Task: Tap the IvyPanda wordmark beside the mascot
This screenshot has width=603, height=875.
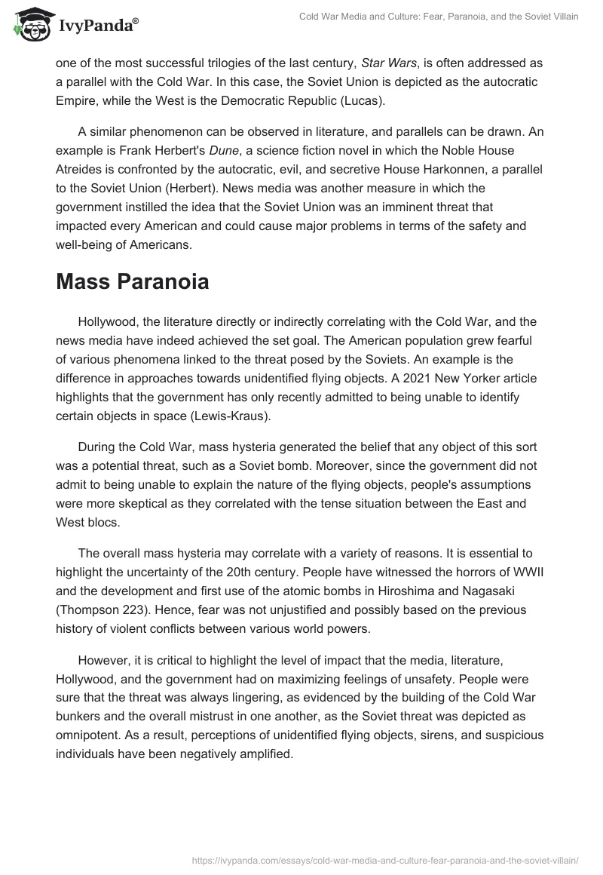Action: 97,27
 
